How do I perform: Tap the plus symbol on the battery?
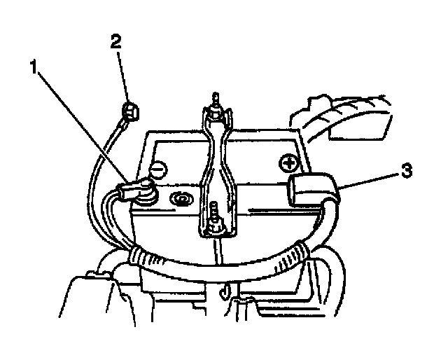[288, 163]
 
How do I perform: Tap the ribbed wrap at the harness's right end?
[300, 253]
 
